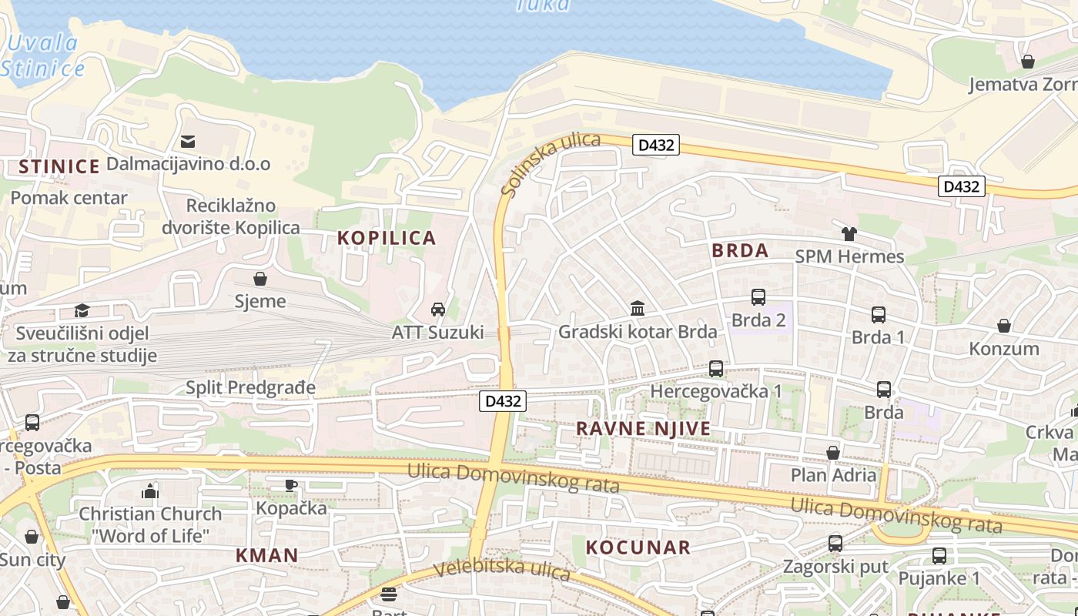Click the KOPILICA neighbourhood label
387,238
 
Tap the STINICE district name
59,166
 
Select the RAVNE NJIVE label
643,429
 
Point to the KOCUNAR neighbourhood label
638,547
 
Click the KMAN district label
266,555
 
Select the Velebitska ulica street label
501,570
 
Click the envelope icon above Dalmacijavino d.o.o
188,142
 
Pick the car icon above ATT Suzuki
438,310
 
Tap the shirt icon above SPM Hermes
849,234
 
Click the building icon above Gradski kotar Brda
638,309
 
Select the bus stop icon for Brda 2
758,297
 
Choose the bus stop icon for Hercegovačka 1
716,369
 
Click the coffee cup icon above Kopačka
290,485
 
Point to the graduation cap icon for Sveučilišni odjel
82,310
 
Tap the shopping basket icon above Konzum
1004,326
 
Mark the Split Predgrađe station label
250,387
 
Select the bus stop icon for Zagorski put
835,544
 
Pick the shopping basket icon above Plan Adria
833,453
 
